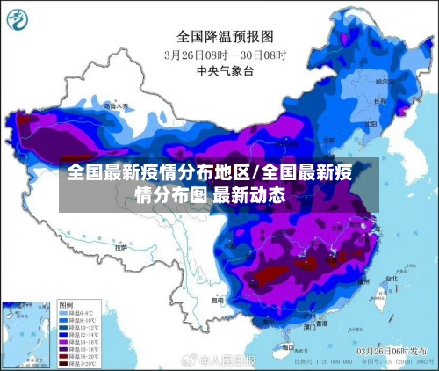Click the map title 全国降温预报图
pyautogui.click(x=226, y=36)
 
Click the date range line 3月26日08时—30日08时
pyautogui.click(x=226, y=54)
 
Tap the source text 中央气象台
pyautogui.click(x=226, y=69)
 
